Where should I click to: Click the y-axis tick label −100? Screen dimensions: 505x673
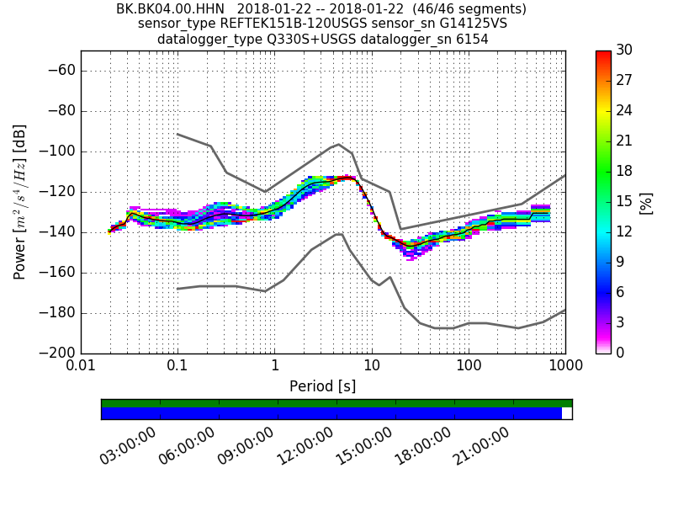tap(57, 151)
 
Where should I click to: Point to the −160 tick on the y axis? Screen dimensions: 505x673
tap(57, 273)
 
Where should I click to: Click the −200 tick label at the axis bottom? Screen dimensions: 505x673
tap(57, 353)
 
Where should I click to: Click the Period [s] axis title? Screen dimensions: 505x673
tap(322, 386)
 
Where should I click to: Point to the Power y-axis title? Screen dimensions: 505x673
tap(20, 202)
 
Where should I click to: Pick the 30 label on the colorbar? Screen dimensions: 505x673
tap(625, 50)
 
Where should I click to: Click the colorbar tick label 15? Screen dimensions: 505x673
tap(625, 202)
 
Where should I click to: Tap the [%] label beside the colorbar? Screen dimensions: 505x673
tap(646, 202)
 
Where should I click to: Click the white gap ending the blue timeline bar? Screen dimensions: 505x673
tap(567, 413)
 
